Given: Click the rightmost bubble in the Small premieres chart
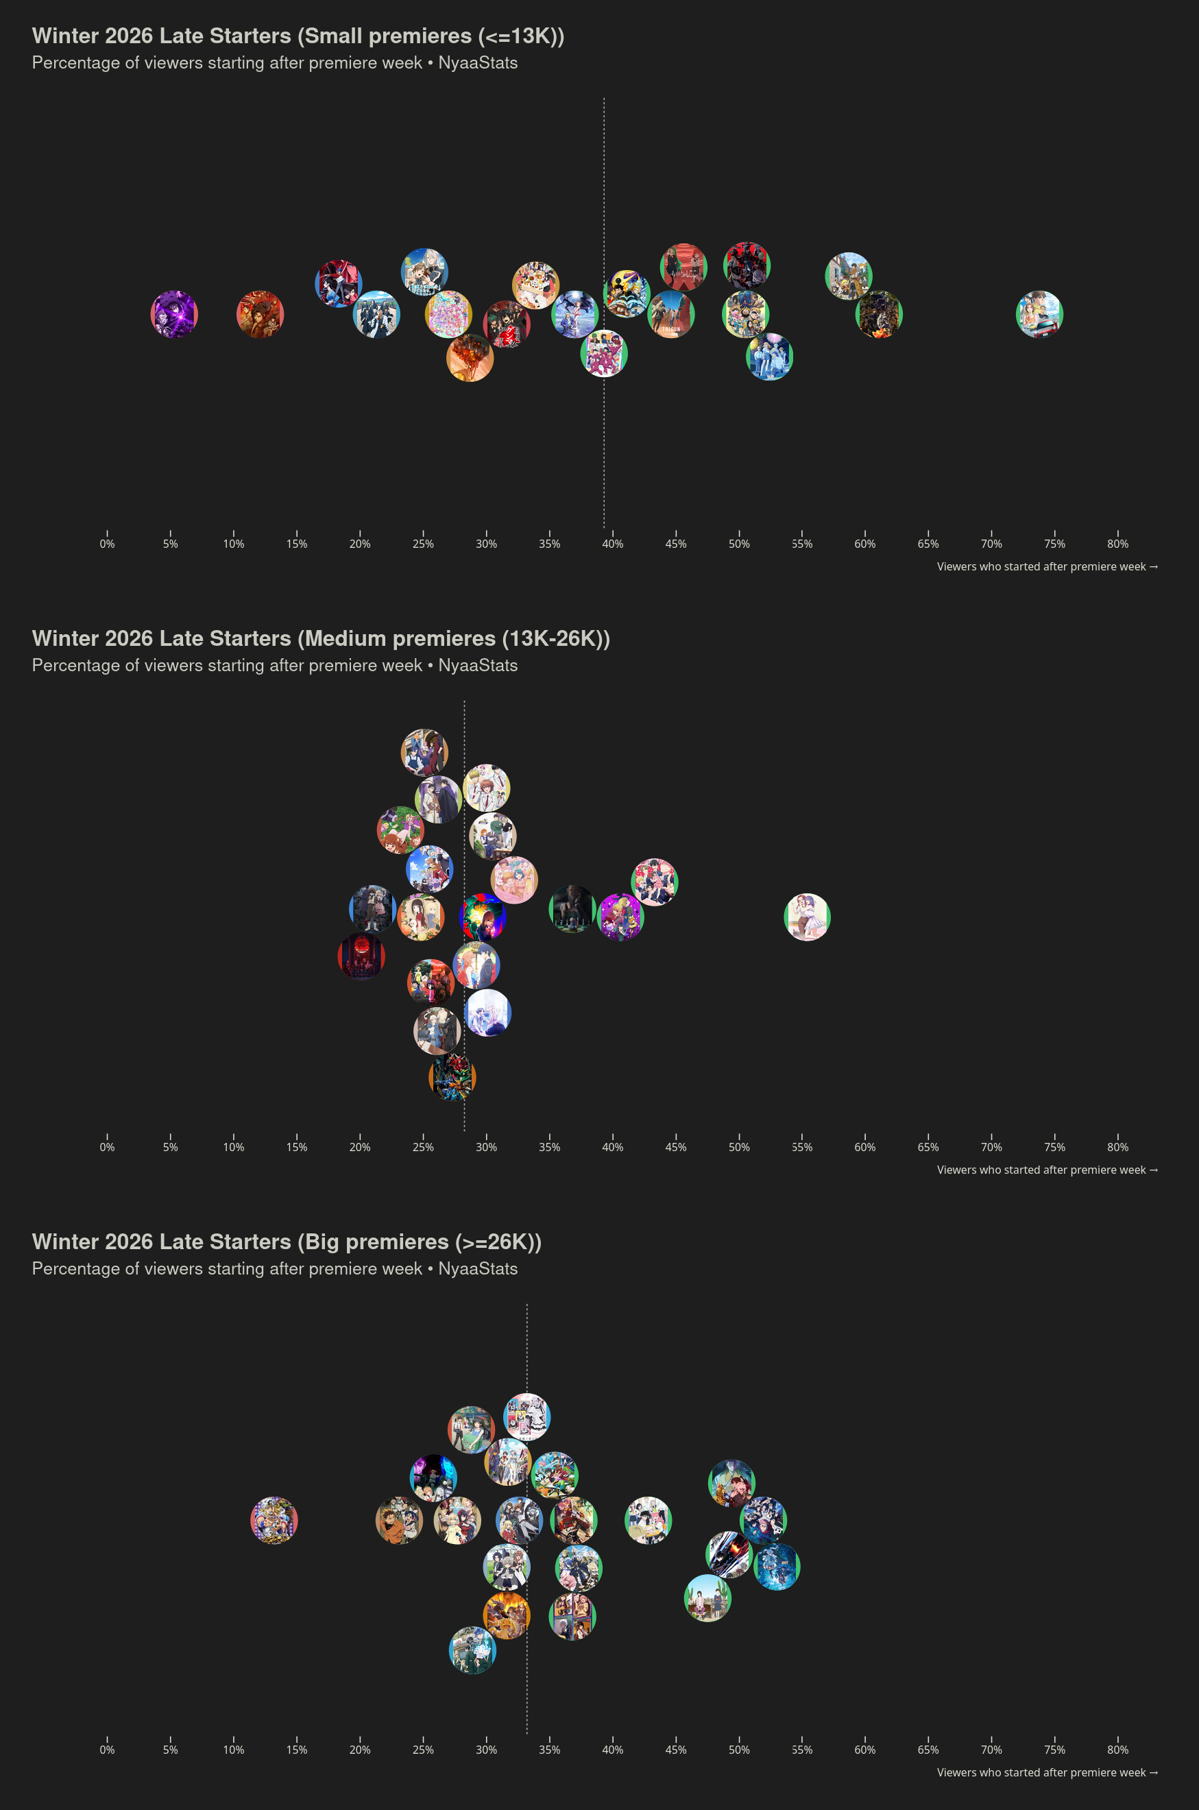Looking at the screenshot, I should tap(1039, 314).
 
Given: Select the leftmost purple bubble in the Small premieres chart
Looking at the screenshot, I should tap(174, 314).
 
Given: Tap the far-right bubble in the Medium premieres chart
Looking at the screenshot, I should tap(808, 917).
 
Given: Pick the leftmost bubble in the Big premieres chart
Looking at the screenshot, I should tap(274, 1520).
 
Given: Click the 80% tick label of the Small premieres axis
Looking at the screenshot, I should tap(1117, 544).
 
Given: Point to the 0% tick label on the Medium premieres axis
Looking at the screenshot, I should tap(107, 1147).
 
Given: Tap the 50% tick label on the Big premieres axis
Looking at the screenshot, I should tap(739, 1750).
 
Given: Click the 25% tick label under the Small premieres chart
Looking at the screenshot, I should tap(423, 544).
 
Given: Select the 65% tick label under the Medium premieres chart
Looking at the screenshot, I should tap(928, 1147).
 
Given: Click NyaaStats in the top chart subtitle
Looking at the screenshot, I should tap(478, 62).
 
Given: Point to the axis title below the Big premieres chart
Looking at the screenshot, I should tap(1047, 1772).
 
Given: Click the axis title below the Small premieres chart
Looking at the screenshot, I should tap(1047, 566).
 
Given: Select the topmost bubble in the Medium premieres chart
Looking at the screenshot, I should tap(424, 752).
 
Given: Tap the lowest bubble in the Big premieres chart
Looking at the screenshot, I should tap(472, 1650).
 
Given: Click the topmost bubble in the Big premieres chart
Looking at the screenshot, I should tap(527, 1417).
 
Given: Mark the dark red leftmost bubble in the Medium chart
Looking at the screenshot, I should tap(361, 956).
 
